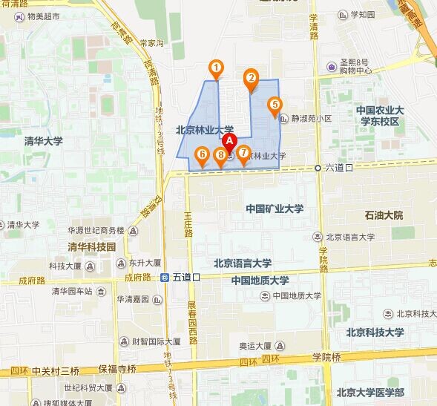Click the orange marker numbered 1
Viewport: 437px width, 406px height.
coord(216,69)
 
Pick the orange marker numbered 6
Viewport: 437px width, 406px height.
coord(201,155)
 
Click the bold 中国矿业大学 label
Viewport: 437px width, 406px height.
coord(275,209)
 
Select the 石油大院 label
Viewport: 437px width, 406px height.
coord(384,215)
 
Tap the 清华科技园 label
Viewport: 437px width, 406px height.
coord(92,246)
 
